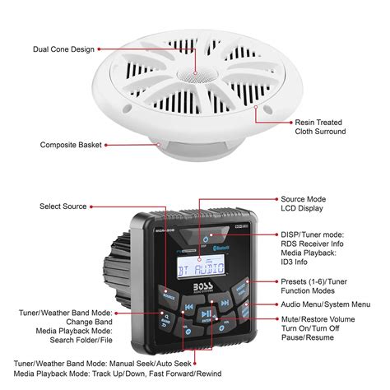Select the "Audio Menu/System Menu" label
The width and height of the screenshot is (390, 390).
327,304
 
